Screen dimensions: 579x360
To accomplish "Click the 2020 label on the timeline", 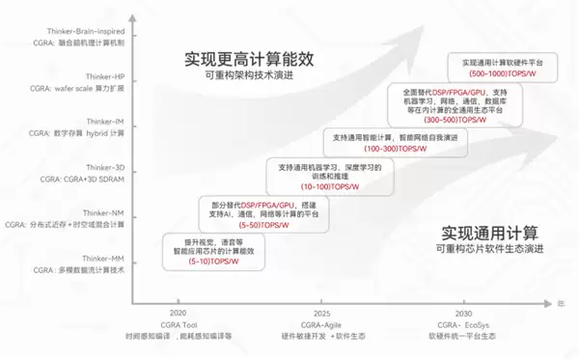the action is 179,314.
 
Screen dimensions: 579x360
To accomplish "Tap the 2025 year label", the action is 322,314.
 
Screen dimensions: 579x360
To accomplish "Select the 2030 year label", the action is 464,314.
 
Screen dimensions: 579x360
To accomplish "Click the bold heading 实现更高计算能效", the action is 249,60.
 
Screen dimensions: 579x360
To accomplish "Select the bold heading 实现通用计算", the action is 490,233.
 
